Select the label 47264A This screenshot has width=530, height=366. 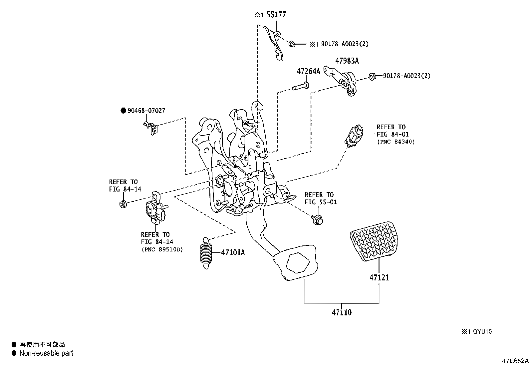[308, 71]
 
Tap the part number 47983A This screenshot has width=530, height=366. [347, 61]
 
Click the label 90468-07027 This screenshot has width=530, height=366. [146, 111]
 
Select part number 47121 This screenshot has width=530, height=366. [379, 277]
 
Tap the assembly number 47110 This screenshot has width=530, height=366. [342, 312]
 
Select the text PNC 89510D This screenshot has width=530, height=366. [162, 249]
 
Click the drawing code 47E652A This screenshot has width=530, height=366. [515, 361]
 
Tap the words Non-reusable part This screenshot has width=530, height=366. [46, 353]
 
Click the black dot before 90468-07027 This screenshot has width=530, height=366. [123, 111]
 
